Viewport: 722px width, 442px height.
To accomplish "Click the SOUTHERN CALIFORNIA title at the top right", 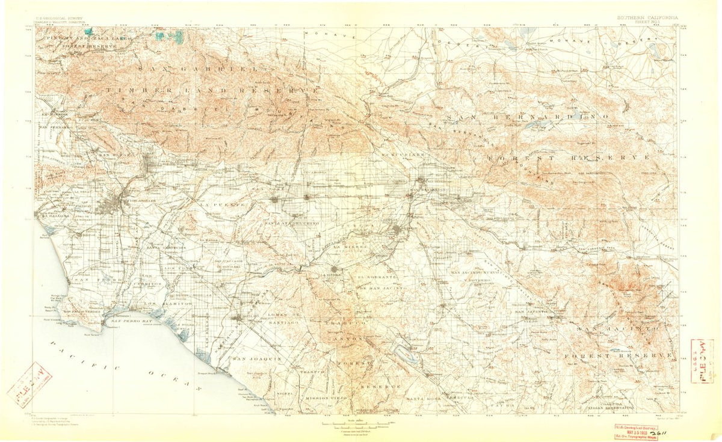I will pos(647,17).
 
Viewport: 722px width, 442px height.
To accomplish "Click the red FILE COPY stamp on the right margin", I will pos(702,357).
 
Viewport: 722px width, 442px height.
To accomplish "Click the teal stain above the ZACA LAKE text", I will pos(89,31).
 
